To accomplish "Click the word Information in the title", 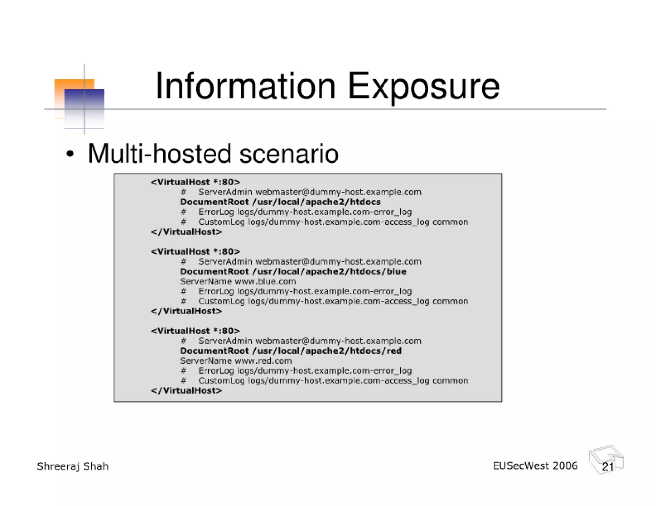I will click(x=245, y=86).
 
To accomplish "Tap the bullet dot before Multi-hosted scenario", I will click(x=70, y=154).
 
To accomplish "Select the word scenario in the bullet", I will click(x=289, y=154).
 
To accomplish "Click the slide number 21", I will click(x=608, y=467).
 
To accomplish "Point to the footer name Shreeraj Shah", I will click(x=73, y=466).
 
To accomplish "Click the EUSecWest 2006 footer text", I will click(x=535, y=466).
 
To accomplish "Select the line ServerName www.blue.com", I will click(x=238, y=281).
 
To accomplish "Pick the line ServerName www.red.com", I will click(x=236, y=361).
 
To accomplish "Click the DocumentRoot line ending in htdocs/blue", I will click(x=293, y=272).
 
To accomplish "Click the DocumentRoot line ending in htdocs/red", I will click(x=291, y=351).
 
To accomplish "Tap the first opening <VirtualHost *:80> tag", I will click(x=195, y=182).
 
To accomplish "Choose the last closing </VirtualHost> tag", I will click(x=186, y=391).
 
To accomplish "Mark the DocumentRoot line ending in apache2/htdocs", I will click(x=280, y=202).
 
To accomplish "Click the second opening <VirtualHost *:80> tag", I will click(x=195, y=251).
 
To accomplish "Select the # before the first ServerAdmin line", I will click(x=183, y=192).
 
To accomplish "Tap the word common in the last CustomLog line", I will click(x=450, y=381).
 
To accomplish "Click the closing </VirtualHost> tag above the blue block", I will click(x=186, y=232).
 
